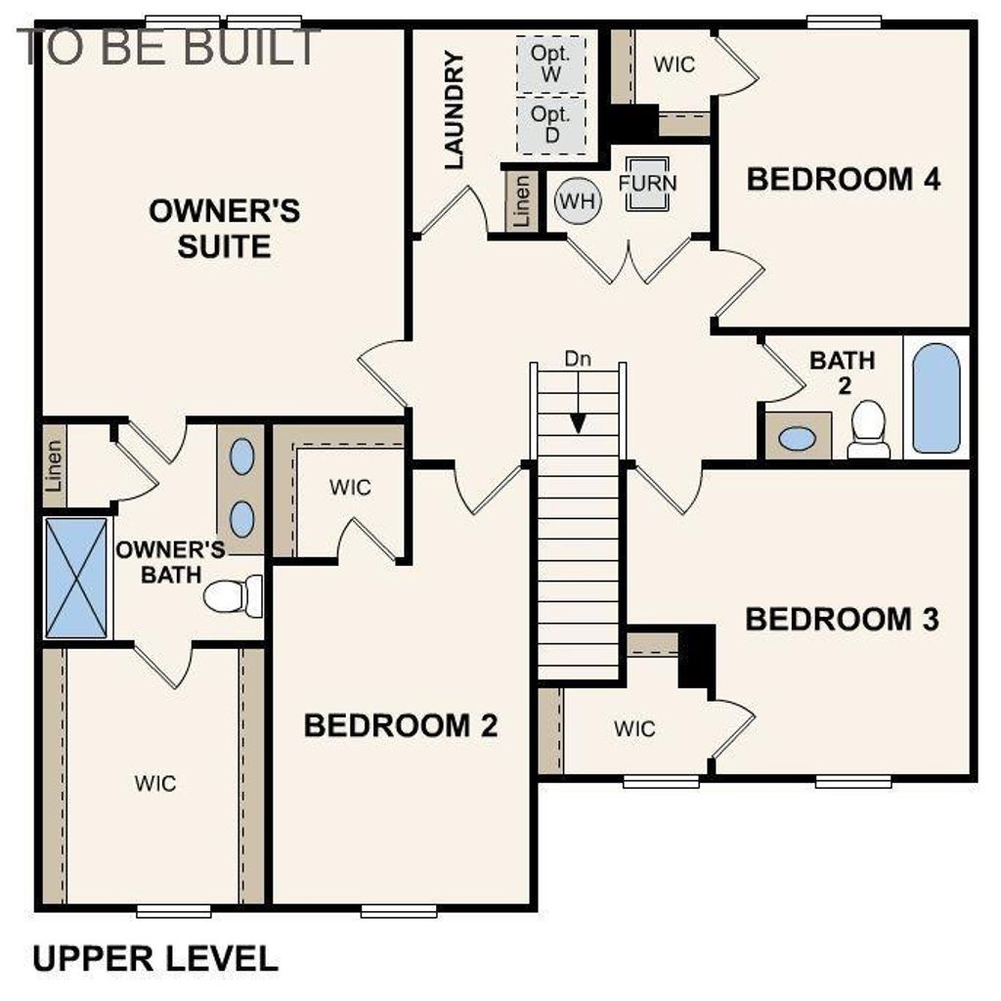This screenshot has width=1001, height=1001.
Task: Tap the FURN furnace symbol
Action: coord(646,183)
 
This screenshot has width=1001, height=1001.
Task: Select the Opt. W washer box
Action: coord(551,63)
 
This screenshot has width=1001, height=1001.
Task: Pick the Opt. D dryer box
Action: coord(551,125)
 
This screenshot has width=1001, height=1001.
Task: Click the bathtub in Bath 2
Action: coord(936,397)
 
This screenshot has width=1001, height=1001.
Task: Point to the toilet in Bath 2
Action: coord(868,430)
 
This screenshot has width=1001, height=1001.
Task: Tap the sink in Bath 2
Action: coord(797,438)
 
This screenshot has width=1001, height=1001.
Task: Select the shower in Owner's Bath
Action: coord(75,579)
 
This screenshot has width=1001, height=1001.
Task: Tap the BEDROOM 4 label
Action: coord(843,180)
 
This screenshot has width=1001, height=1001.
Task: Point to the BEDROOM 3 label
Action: coord(842,620)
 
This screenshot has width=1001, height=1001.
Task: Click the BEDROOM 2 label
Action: coord(400,725)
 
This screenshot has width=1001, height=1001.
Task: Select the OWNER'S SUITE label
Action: coord(224,228)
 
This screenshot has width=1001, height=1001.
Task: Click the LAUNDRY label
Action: coord(454,111)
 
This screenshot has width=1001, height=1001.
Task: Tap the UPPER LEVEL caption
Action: coord(155,958)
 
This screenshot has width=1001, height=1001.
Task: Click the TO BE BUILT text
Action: coord(168,46)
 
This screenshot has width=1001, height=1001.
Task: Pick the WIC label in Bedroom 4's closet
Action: coord(675,65)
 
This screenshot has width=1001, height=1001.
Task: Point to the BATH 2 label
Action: coord(843,371)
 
